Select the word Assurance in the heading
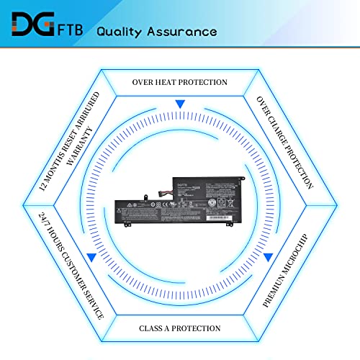[x=180, y=32]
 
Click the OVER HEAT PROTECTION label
[x=180, y=81]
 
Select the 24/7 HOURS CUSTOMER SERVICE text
[x=69, y=264]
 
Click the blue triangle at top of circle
[x=180, y=104]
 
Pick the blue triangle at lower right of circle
[x=269, y=256]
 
